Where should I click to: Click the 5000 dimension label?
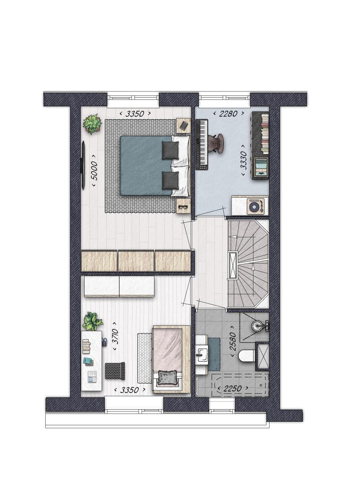(95, 171)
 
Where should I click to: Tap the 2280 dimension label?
(229, 114)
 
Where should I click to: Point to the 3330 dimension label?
(244, 160)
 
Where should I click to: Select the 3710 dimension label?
(115, 336)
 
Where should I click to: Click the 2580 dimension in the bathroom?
(233, 341)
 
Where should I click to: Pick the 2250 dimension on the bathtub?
(232, 389)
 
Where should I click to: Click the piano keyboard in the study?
(202, 144)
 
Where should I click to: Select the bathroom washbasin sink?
(202, 354)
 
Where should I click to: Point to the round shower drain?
(257, 325)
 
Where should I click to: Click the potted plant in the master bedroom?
(92, 124)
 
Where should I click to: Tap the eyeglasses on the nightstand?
(183, 207)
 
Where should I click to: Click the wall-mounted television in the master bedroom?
(82, 165)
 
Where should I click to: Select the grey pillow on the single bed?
(168, 377)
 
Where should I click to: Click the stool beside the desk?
(115, 371)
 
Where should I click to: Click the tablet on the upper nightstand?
(184, 125)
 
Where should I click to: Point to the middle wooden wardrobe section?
(136, 261)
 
